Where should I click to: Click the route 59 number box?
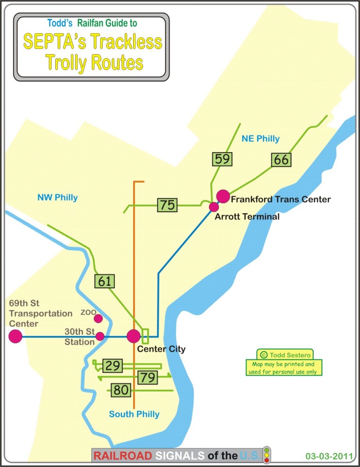coord(222,159)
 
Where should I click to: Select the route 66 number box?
coord(281,160)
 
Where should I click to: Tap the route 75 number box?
coord(167,205)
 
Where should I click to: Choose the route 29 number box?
coord(112,365)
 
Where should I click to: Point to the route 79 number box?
coord(147,377)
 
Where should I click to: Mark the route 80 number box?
coord(120,389)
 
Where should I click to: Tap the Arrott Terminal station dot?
coord(214,207)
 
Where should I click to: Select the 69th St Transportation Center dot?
coord(15,336)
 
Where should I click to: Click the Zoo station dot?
coord(98,319)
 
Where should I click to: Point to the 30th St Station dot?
coord(100,336)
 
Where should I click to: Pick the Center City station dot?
coord(134,336)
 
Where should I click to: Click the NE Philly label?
coord(261,139)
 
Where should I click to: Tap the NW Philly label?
coord(58,197)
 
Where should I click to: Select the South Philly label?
coord(134,414)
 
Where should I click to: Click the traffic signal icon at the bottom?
coord(267,454)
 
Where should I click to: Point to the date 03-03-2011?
coord(327,455)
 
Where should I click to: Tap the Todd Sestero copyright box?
coord(285,355)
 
